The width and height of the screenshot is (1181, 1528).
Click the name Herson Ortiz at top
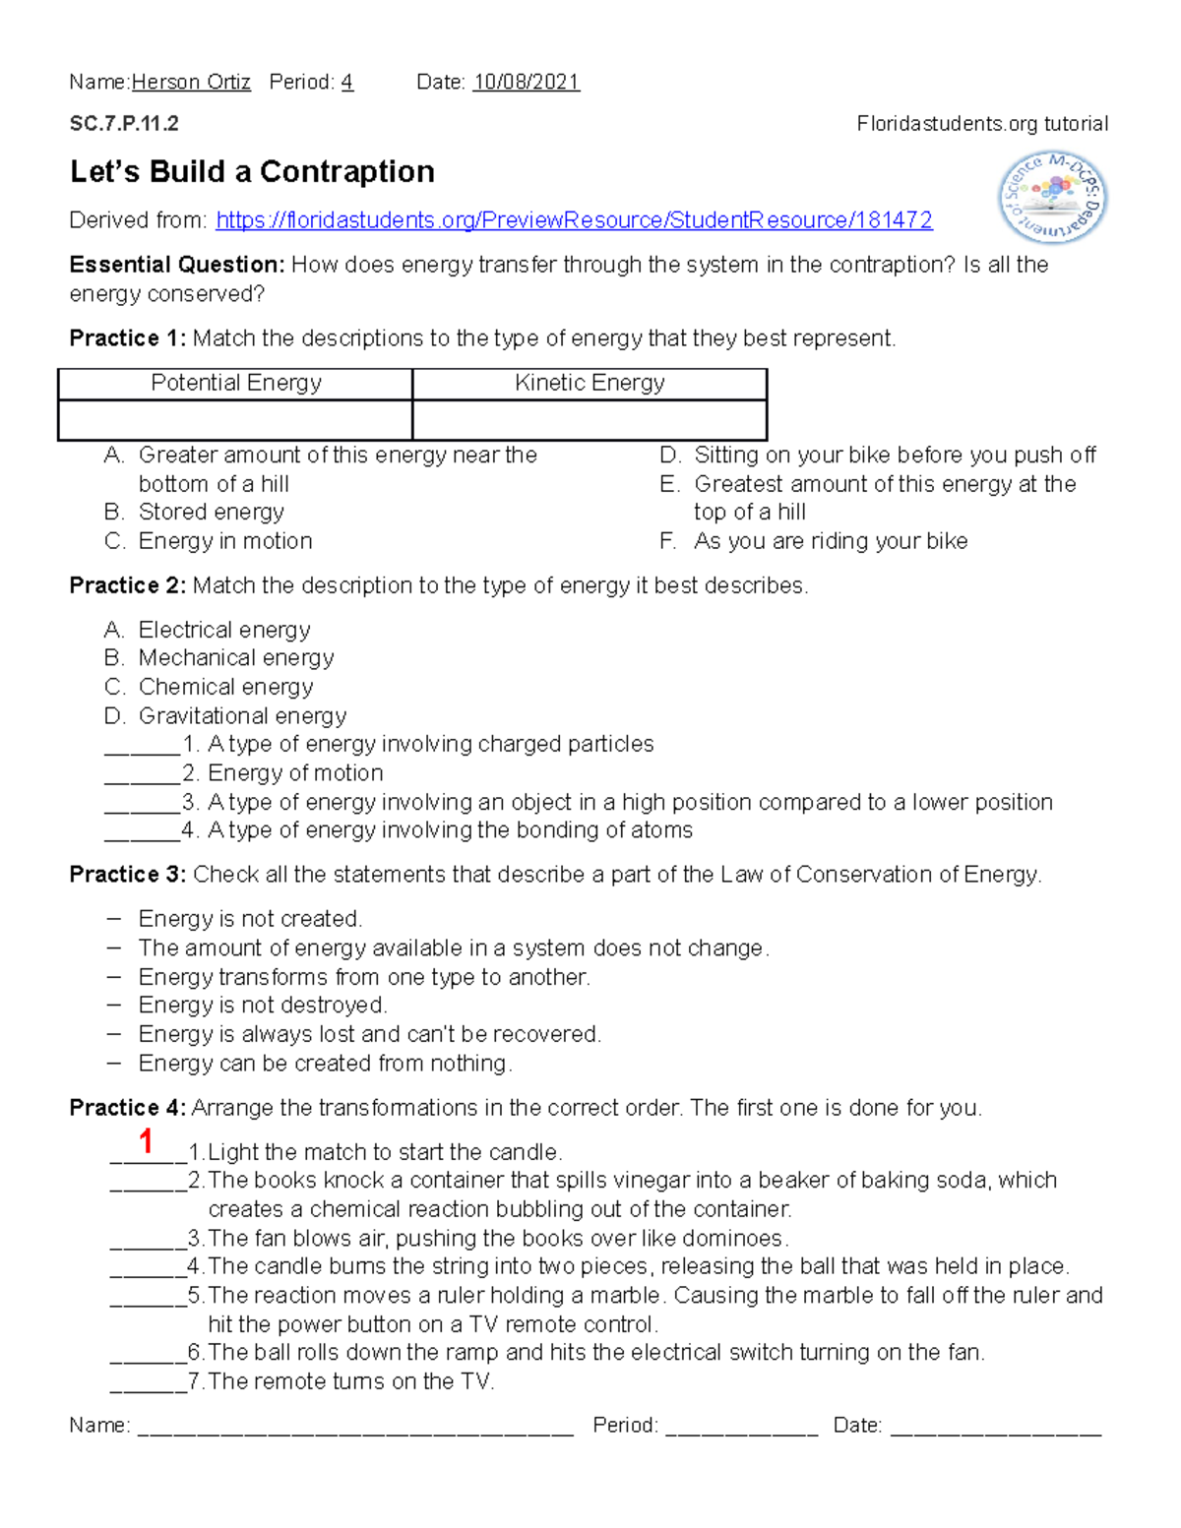[191, 83]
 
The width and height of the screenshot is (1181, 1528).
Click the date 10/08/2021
[526, 83]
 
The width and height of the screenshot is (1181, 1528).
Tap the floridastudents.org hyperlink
[574, 220]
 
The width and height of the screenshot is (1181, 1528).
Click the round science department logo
[1052, 199]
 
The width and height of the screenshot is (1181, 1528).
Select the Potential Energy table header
[236, 384]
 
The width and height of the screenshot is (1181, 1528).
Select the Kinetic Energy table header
[590, 384]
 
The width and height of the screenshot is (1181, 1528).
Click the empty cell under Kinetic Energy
[590, 420]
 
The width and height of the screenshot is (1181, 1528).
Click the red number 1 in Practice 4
[146, 1141]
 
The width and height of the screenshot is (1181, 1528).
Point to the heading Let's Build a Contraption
[252, 172]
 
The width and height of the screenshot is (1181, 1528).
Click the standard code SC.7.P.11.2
[124, 124]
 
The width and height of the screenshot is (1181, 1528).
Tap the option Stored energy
[211, 513]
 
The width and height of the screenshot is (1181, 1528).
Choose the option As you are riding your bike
[830, 541]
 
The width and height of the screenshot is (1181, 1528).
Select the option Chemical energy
[225, 687]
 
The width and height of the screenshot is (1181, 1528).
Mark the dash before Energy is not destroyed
[115, 1006]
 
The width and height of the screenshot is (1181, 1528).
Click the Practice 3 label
[127, 875]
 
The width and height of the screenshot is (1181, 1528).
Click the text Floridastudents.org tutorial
[981, 124]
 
